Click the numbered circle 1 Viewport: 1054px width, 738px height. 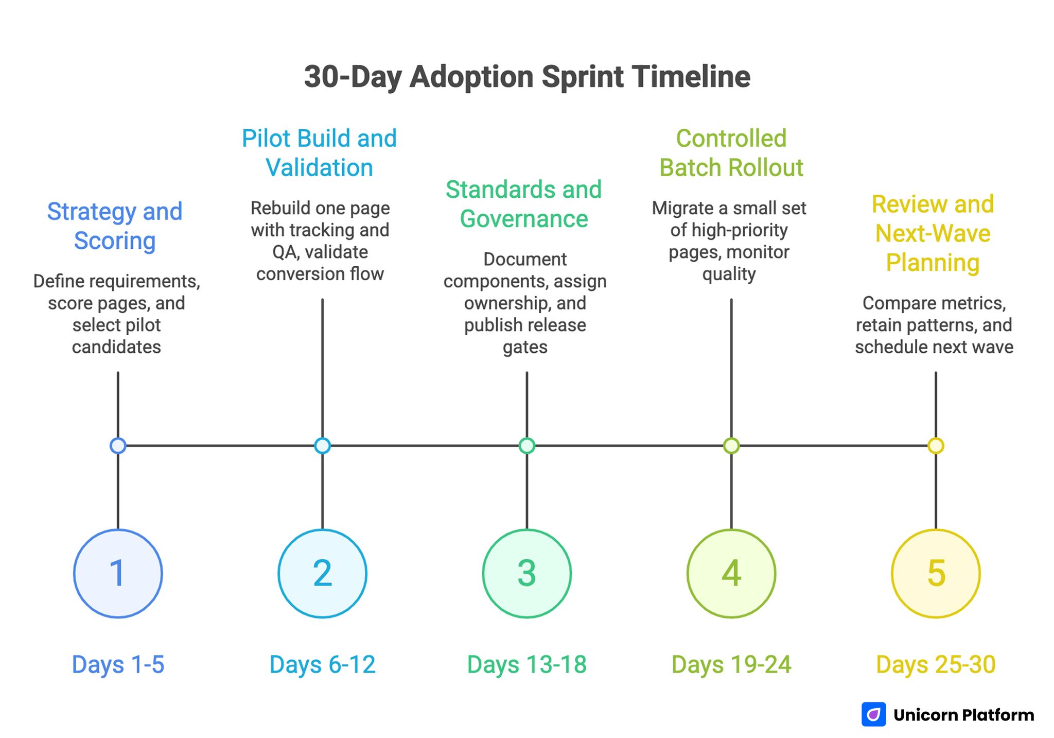118,573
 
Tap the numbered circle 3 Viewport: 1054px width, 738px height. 526,573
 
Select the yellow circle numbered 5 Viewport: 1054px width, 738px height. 936,573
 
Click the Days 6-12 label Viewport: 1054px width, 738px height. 322,664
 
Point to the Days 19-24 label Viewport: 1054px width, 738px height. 731,664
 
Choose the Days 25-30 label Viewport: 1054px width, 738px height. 936,664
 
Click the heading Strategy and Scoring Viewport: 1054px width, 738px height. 115,226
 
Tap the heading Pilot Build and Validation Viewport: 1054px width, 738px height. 319,153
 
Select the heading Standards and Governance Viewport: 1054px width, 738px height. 523,204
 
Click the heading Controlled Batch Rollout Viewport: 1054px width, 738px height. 731,153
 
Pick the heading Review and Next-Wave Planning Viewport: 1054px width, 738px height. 933,233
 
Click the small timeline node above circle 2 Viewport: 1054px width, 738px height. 322,445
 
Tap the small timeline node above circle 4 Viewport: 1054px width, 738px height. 731,445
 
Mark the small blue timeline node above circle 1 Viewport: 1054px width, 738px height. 118,445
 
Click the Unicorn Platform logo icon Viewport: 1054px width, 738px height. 873,714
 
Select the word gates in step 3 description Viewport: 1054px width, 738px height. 525,347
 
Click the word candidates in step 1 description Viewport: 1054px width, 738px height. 116,347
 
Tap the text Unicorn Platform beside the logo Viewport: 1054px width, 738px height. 963,715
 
